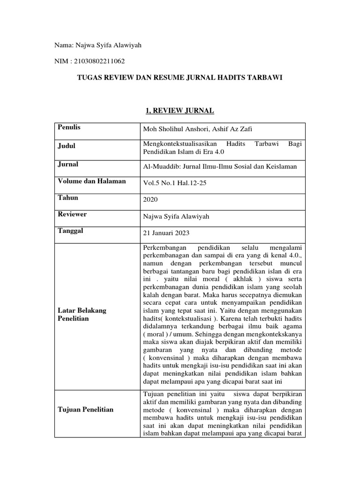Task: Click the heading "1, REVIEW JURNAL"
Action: [180, 111]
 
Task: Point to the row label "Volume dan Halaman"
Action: [91, 181]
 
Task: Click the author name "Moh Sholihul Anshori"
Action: [174, 129]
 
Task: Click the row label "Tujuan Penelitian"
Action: [85, 410]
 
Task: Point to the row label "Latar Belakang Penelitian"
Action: [82, 314]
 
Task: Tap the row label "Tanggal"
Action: [70, 231]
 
